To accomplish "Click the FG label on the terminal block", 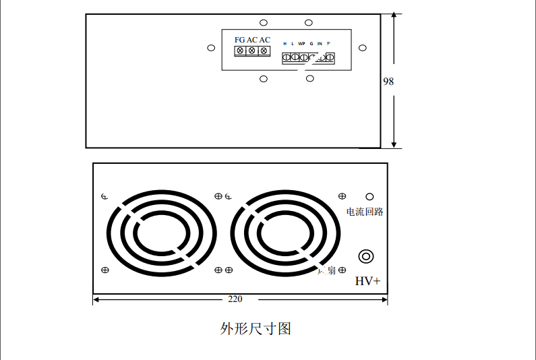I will click(239, 40).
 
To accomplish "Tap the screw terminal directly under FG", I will click(240, 51).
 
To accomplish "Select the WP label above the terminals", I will click(301, 43).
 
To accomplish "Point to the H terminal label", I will click(285, 43).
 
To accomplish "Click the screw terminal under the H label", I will click(287, 58).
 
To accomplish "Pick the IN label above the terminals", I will click(320, 43).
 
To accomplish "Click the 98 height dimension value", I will click(388, 81).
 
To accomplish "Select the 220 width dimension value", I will click(235, 299).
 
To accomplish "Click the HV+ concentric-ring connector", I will click(366, 256).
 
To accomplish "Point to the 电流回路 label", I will click(365, 212).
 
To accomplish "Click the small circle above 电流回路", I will click(369, 196).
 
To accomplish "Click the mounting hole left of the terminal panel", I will click(211, 48).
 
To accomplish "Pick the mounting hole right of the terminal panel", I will click(363, 48).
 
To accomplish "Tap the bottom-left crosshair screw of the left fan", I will click(105, 270).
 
